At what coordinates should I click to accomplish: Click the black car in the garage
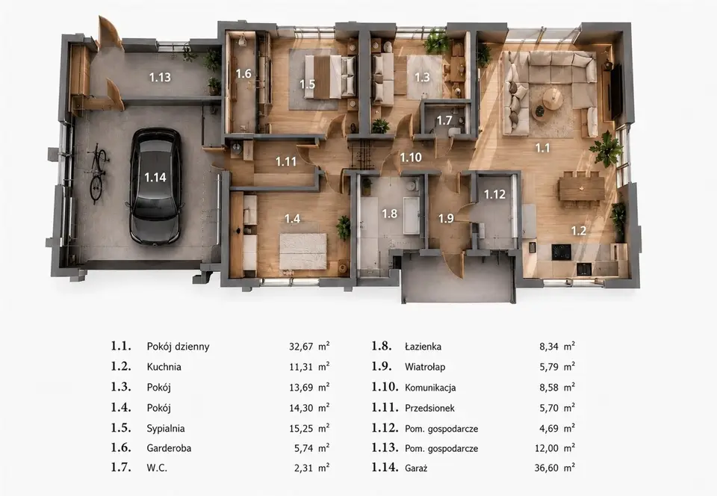155,185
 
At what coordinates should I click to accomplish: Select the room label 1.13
160,77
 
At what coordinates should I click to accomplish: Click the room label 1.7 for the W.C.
444,121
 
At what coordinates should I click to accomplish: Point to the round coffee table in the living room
553,99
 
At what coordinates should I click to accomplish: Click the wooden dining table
581,189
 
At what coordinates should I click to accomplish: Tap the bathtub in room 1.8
411,215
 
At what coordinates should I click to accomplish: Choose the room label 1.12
494,194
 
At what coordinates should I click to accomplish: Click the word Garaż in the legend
416,468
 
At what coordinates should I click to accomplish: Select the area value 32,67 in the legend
301,347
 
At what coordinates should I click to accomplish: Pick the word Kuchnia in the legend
164,367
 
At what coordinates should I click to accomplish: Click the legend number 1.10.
385,387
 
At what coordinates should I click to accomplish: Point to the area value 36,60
547,468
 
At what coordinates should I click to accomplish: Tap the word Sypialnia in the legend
166,428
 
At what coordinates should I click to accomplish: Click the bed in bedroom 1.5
329,77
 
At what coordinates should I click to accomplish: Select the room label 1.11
286,161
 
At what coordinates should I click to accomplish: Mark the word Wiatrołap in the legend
425,367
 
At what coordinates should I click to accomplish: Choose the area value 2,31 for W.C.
304,468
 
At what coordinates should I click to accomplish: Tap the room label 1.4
292,219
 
